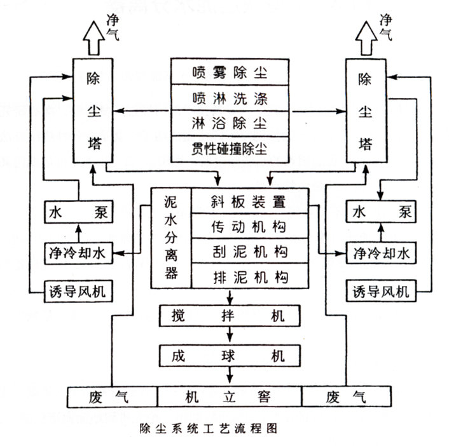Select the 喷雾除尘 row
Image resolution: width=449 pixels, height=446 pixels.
(230, 72)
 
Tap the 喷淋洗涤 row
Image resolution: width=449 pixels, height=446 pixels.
(230, 98)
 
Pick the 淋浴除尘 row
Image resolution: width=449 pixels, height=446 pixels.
(230, 123)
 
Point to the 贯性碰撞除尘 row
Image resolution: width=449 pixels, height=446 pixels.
(230, 148)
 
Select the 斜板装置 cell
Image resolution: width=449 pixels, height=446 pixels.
(249, 202)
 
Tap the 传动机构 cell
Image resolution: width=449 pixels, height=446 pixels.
(249, 226)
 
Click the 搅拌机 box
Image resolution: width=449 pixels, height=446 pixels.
(230, 314)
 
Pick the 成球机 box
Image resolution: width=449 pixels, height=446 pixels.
(230, 355)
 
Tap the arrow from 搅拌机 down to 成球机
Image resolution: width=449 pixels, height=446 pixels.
(230, 335)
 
